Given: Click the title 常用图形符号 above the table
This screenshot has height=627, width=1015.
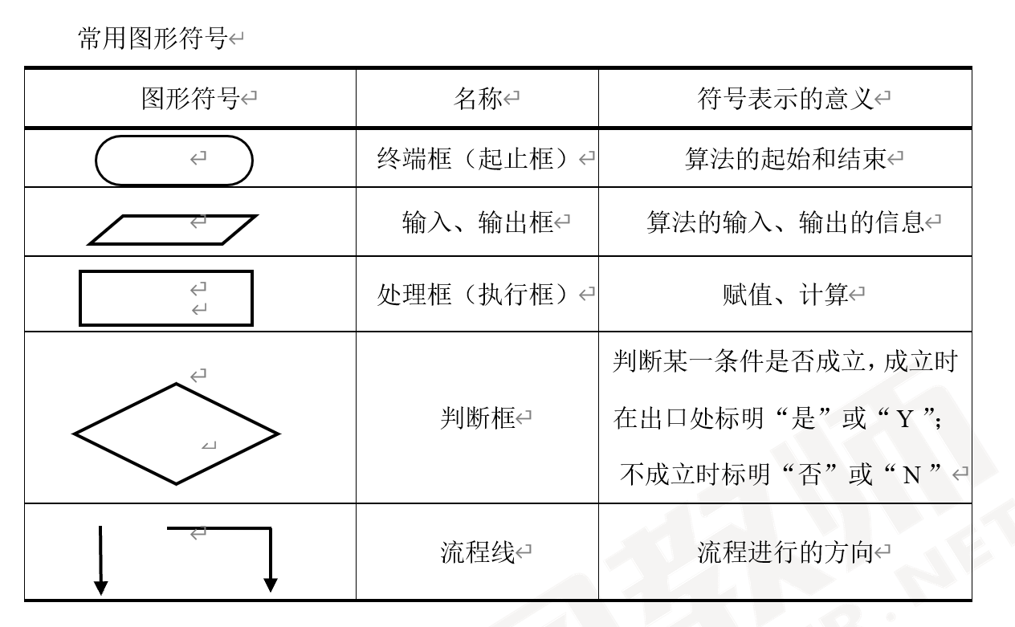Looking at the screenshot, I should coord(153,38).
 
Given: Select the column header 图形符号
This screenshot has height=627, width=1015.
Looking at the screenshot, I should coord(190,99).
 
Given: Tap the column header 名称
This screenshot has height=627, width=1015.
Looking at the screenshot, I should coord(478,99).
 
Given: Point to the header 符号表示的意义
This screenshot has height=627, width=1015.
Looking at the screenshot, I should coord(785,99).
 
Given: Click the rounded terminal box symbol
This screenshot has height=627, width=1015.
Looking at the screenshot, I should coord(174,160).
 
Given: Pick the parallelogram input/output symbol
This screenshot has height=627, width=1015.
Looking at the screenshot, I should coord(173,229).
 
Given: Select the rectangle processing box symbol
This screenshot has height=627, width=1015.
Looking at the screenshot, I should coord(166,298).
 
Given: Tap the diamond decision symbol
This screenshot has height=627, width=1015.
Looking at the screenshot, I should coord(176,434).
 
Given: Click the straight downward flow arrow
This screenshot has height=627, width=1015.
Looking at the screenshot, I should coord(101,560).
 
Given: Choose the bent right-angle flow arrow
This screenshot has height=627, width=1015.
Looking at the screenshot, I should coord(270,554).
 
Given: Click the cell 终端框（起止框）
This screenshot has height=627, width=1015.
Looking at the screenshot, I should coord(477,158).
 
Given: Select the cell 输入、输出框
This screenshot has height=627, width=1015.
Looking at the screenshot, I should coord(478,222).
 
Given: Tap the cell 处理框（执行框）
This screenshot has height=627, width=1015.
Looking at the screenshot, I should coord(477,295).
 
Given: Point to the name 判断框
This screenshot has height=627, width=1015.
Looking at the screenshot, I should coord(477,417).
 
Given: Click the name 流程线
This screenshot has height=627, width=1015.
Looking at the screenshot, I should coord(477,552).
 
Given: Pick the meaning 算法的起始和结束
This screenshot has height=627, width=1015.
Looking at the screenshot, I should coord(785,158).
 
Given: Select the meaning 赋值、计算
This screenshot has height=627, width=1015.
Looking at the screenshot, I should coord(785,295).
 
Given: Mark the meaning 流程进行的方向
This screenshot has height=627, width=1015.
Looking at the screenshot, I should coord(785,552).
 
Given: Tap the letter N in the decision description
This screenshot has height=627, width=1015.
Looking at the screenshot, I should coord(911,475).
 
